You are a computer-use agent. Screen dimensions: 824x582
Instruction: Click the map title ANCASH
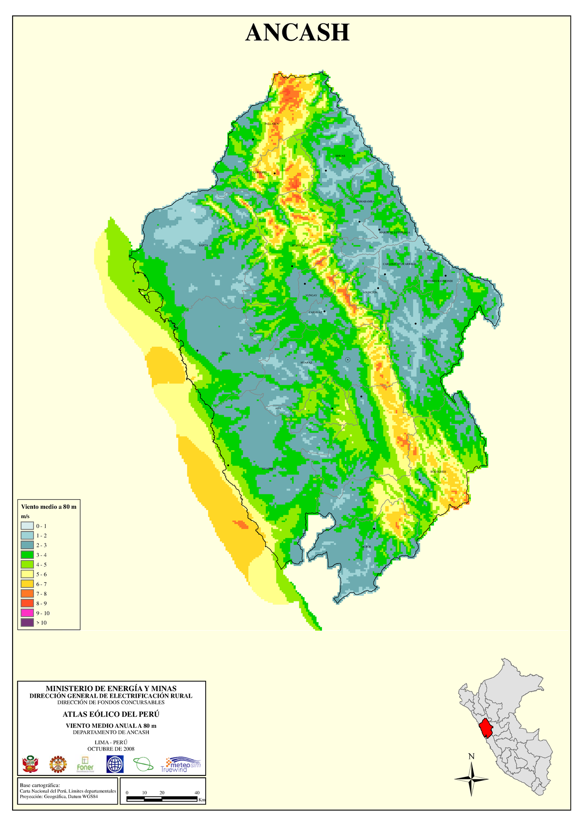click(x=297, y=33)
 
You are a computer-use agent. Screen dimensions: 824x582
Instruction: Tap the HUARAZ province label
click(x=307, y=363)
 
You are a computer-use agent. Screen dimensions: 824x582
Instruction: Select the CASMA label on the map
click(x=225, y=353)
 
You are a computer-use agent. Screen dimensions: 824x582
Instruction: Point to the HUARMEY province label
click(x=269, y=469)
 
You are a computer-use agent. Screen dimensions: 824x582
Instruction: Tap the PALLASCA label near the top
click(x=272, y=124)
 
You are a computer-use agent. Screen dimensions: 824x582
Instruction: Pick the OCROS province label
click(x=366, y=547)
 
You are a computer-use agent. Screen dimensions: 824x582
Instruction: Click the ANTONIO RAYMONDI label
click(x=438, y=281)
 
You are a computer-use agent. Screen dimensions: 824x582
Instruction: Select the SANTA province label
click(x=204, y=245)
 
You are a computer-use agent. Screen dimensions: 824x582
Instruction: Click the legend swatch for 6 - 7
click(x=27, y=584)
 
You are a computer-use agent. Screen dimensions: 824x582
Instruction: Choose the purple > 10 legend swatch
click(x=27, y=622)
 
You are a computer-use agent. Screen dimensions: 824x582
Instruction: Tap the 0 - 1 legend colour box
click(x=27, y=525)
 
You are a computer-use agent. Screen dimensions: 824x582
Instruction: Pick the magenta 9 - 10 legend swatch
click(x=27, y=613)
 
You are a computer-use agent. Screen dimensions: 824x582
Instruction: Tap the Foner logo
click(x=85, y=764)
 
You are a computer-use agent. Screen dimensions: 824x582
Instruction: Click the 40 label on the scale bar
click(x=197, y=793)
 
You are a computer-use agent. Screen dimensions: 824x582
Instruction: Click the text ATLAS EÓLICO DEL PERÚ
click(x=111, y=714)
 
